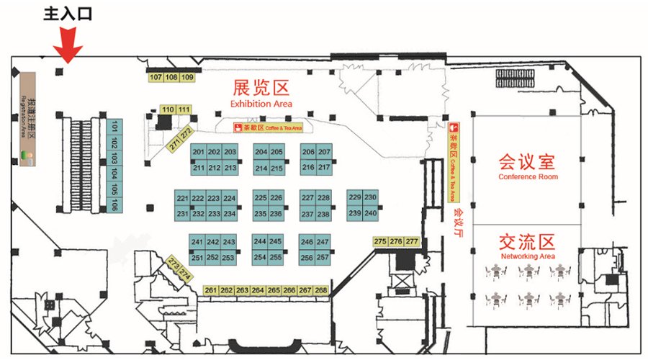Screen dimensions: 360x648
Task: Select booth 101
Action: (114, 129)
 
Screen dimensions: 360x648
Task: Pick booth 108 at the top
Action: (171, 78)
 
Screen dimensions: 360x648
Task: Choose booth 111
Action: (184, 109)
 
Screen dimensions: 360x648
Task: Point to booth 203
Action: (230, 153)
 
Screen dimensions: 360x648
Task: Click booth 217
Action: (324, 168)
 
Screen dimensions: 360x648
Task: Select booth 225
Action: (261, 198)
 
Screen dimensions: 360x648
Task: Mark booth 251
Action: (197, 258)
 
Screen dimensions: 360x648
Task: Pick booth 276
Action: (396, 242)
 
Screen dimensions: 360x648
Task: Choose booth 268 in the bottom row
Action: (321, 290)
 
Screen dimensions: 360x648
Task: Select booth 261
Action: (210, 290)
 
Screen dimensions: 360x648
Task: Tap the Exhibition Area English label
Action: (261, 104)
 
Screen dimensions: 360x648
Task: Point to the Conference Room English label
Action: (528, 177)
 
